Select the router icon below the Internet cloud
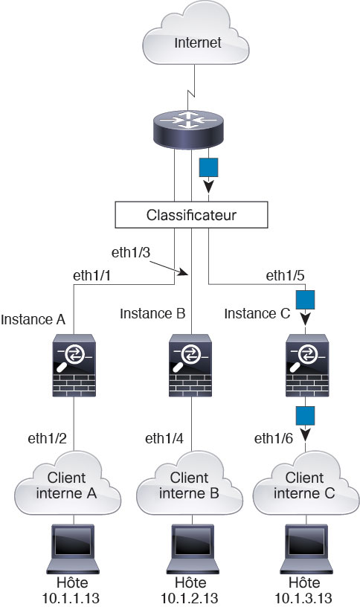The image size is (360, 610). pyautogui.click(x=189, y=129)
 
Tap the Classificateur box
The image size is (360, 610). pyautogui.click(x=191, y=215)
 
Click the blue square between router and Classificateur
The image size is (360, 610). pyautogui.click(x=208, y=167)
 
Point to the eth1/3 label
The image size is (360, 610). pyautogui.click(x=131, y=252)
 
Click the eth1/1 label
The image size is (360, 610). pyautogui.click(x=91, y=275)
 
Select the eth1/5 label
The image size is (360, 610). pyautogui.click(x=285, y=275)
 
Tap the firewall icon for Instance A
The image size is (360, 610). pyautogui.click(x=74, y=365)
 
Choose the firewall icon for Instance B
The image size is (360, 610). pyautogui.click(x=190, y=365)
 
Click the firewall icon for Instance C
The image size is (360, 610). pyautogui.click(x=307, y=365)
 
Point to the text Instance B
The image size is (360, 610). pyautogui.click(x=152, y=313)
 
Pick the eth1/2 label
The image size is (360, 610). pyautogui.click(x=47, y=438)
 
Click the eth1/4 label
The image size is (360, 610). pyautogui.click(x=164, y=438)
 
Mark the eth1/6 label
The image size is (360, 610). pyautogui.click(x=274, y=438)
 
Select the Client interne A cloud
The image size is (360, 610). pyautogui.click(x=68, y=484)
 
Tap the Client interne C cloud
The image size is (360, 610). pyautogui.click(x=306, y=484)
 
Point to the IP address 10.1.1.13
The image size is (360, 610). pyautogui.click(x=71, y=598)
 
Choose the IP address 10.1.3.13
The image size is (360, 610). pyautogui.click(x=303, y=598)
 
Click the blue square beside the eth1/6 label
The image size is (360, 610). pyautogui.click(x=305, y=416)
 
